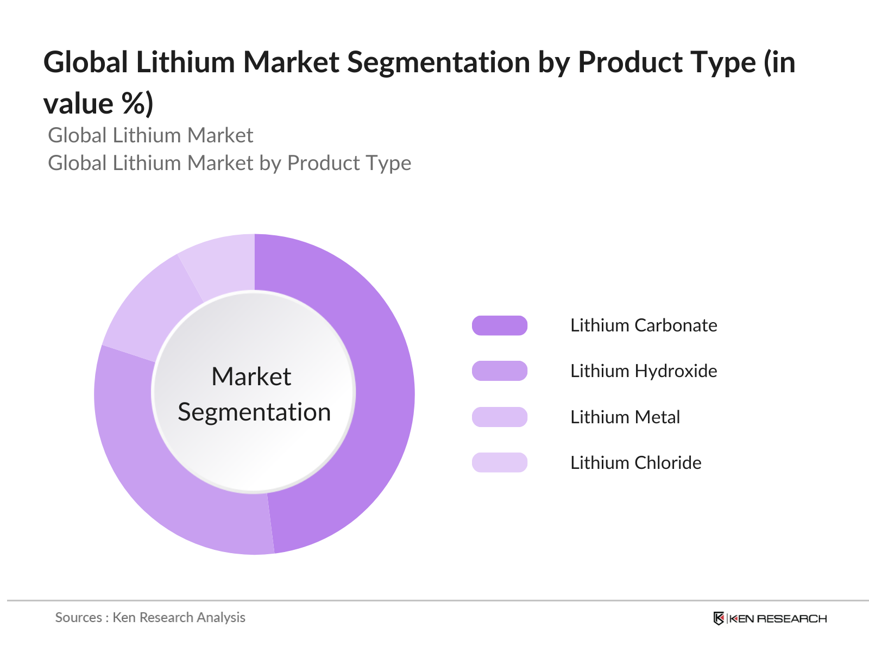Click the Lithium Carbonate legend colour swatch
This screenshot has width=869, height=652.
(500, 325)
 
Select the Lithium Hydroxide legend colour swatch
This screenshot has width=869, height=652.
(500, 371)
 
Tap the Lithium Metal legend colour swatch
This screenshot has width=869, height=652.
(500, 417)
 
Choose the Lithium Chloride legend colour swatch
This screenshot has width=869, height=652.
(500, 463)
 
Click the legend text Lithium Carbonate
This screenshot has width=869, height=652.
(644, 325)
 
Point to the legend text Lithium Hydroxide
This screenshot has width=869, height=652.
(644, 371)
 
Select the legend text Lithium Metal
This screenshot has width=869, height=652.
(625, 417)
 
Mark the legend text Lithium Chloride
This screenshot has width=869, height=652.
(636, 463)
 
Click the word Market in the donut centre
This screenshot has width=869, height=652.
(251, 377)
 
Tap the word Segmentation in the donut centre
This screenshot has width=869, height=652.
(254, 412)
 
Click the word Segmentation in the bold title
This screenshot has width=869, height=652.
(439, 62)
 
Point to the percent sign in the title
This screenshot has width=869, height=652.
(133, 103)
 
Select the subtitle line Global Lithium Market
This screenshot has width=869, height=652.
(150, 135)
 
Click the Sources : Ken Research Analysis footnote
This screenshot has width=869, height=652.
(150, 617)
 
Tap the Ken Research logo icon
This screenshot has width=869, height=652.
(719, 618)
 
